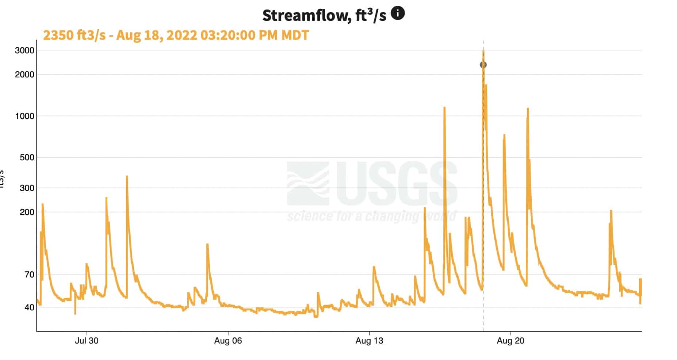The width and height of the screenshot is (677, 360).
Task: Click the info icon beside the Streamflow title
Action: coord(398,14)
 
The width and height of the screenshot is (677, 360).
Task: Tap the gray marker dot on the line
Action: coord(483,65)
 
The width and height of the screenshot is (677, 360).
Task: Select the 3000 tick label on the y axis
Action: coord(24,50)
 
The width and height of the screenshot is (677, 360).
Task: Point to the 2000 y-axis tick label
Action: coord(24,74)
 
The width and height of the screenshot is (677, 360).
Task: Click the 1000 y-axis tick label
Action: coord(24,116)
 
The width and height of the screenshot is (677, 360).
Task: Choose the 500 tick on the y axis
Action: coord(27,157)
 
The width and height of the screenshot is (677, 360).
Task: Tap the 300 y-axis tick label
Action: coord(27,188)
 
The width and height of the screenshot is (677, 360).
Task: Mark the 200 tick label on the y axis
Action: coord(27,212)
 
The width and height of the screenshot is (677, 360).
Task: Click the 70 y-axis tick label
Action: coord(29,275)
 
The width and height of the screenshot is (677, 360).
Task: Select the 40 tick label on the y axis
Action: coord(29,307)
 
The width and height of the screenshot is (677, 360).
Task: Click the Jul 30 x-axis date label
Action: coord(87,341)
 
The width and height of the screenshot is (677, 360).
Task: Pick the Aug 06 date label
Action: coord(228,341)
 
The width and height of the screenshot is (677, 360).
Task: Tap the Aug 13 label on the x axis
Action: coord(369,341)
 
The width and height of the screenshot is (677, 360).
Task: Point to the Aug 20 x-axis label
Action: coord(510,341)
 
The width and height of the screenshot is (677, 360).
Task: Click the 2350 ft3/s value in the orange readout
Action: coord(74,35)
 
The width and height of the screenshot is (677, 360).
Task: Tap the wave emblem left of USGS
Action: coord(308,184)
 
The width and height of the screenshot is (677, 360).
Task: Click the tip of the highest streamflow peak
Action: coord(483,51)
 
